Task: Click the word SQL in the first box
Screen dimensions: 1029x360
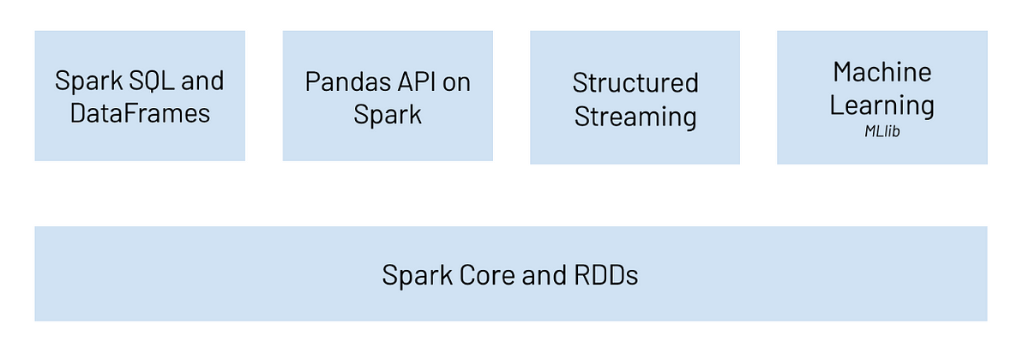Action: click(152, 81)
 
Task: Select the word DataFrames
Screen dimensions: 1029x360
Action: click(140, 113)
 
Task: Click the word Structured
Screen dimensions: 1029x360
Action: click(635, 82)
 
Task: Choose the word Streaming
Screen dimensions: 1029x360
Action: click(635, 117)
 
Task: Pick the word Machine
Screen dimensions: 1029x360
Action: click(882, 73)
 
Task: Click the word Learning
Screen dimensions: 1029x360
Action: click(882, 106)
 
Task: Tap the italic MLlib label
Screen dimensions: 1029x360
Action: click(882, 132)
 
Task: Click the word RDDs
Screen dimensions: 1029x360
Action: click(606, 275)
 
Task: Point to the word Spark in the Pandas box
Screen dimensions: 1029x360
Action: click(388, 115)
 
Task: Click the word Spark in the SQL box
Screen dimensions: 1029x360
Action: click(88, 81)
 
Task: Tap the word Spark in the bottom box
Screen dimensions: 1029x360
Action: click(417, 276)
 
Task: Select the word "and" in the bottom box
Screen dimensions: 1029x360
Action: click(545, 275)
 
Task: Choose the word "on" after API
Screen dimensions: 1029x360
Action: click(456, 83)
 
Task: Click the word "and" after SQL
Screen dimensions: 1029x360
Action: click(202, 81)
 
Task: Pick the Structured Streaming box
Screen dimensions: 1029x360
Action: click(635, 98)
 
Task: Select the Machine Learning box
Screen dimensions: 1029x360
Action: click(882, 98)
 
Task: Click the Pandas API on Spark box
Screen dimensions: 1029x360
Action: click(388, 96)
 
